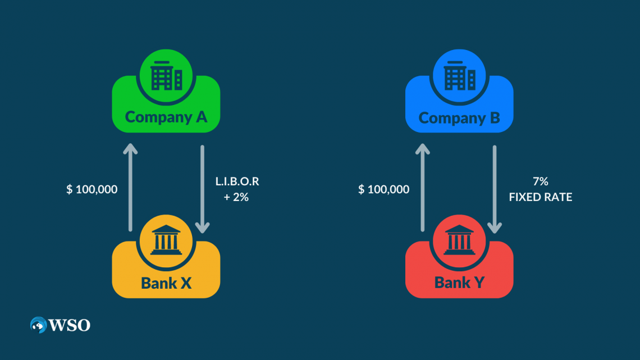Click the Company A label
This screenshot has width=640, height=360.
[x=166, y=117]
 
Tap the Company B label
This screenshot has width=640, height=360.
[x=459, y=118]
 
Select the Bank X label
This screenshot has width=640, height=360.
[x=166, y=282]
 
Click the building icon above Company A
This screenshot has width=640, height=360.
[x=166, y=76]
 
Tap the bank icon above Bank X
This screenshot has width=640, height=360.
[x=166, y=240]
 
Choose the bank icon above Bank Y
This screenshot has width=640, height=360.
[x=459, y=240]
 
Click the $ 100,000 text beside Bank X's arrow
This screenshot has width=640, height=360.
[x=92, y=189]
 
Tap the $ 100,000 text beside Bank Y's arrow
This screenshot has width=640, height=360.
[x=384, y=189]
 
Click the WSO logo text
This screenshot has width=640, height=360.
[x=70, y=325]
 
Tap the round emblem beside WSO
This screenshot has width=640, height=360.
[x=39, y=325]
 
